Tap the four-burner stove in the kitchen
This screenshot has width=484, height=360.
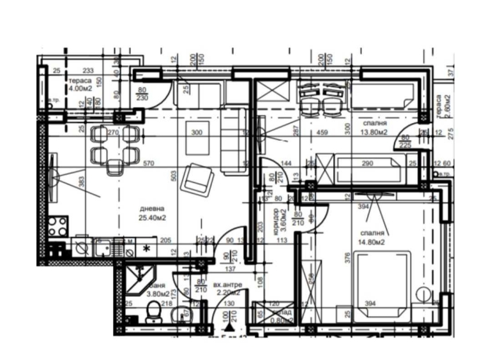(x=59, y=225)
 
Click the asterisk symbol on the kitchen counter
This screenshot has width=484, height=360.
(x=147, y=248)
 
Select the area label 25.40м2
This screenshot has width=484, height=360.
(x=153, y=217)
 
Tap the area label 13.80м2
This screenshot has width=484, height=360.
(x=374, y=133)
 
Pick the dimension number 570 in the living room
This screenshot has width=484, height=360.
(x=150, y=163)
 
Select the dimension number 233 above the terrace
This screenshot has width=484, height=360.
(x=88, y=71)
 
